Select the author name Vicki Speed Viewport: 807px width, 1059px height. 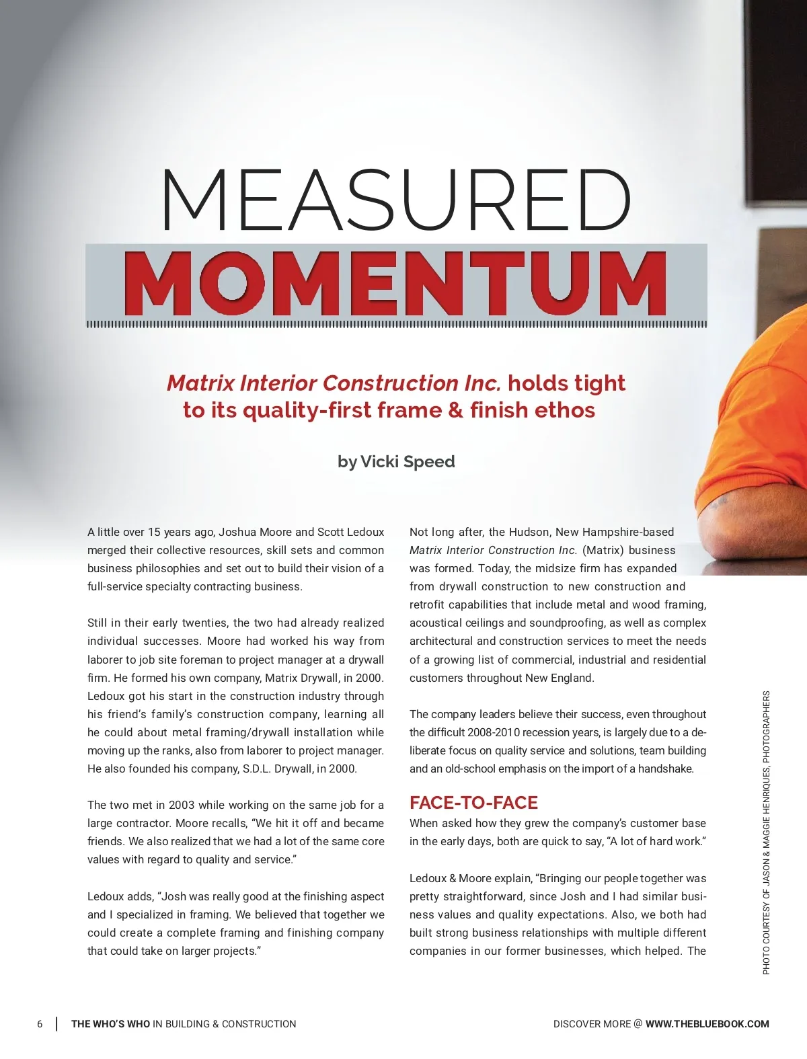point(408,462)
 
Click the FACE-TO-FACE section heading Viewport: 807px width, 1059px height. point(473,803)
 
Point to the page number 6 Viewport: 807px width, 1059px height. point(40,1024)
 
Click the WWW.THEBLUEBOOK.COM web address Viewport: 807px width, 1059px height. point(707,1024)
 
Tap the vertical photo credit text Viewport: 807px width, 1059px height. point(766,832)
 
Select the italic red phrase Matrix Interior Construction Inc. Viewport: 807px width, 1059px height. point(334,383)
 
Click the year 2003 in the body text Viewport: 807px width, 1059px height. point(182,805)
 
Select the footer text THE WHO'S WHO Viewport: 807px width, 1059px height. point(111,1024)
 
